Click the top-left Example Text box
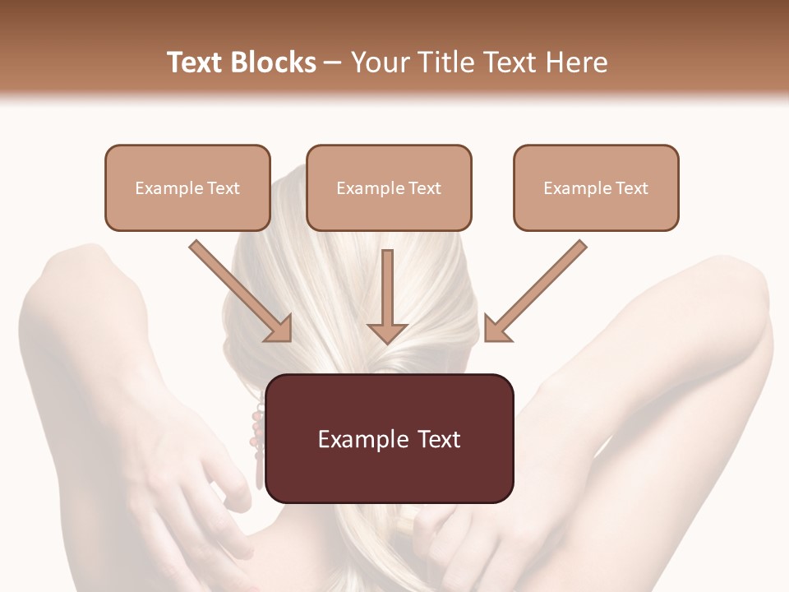point(187,187)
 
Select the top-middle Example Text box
point(389,187)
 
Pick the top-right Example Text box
point(596,187)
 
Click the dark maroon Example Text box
point(390,438)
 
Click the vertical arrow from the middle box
point(387,296)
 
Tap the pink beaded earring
point(258,444)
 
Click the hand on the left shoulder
point(205,485)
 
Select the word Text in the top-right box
point(631,188)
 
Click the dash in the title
point(333,62)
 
